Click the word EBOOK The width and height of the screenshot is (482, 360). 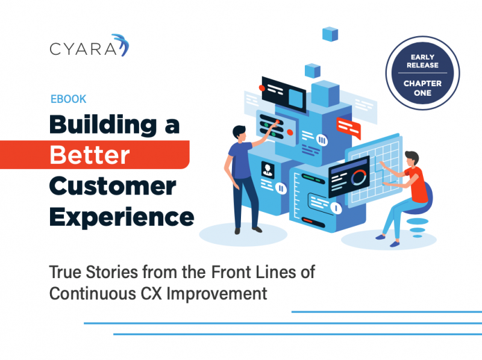point(68,99)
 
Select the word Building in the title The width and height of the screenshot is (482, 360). point(103,125)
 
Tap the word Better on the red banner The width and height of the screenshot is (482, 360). point(90,155)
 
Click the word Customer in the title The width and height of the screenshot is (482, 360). point(113,186)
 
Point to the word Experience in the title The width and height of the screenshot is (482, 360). point(122,217)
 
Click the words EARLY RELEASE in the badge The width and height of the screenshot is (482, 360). point(423,61)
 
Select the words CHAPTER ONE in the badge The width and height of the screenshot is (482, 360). point(423,88)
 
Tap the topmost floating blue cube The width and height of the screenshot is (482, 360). point(330,34)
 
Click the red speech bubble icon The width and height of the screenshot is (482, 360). point(349,128)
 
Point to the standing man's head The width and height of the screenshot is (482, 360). point(239,133)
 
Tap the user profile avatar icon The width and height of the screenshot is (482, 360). point(268,169)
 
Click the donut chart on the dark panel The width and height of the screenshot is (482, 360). point(358,178)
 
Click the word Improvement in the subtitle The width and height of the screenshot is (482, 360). point(217,294)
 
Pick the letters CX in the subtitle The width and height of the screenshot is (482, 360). point(151,293)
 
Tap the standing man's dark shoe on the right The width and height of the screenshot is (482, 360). point(257,229)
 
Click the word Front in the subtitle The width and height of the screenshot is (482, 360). point(231,272)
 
